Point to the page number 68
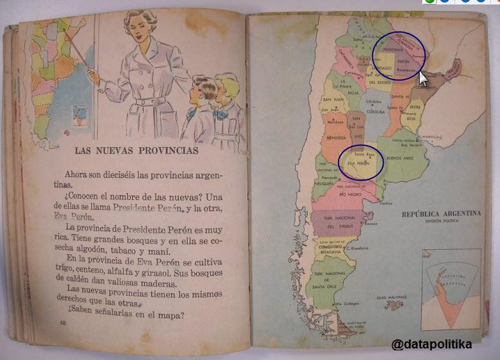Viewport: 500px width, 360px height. coord(62,322)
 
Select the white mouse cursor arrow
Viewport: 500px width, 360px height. coord(423,78)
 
